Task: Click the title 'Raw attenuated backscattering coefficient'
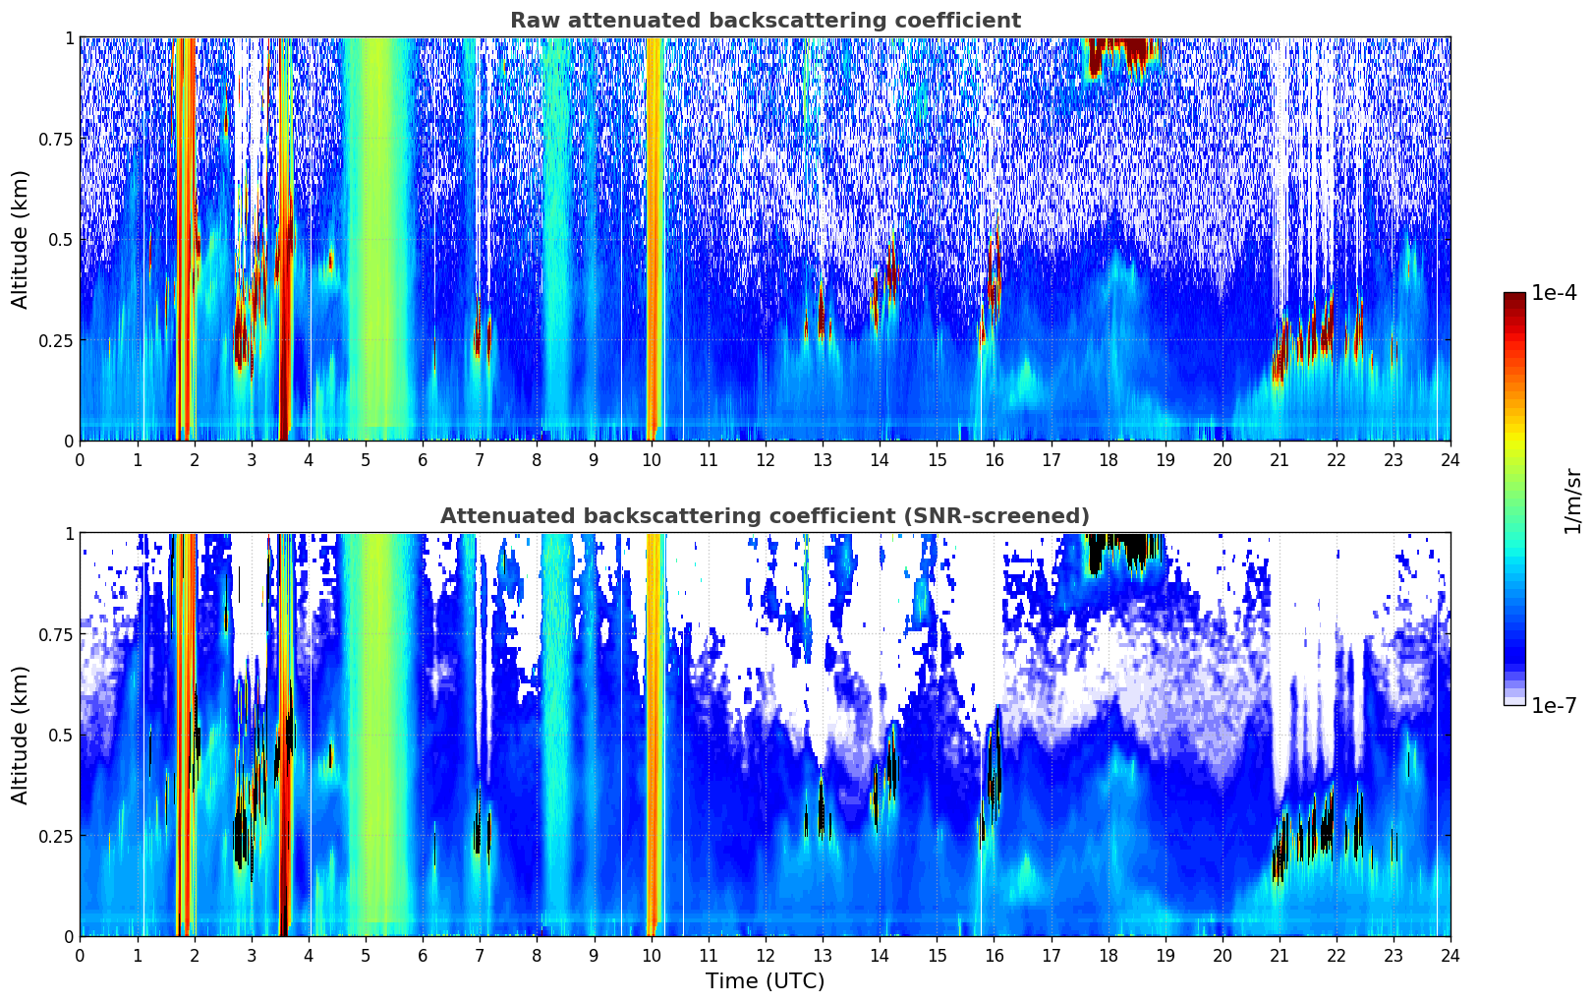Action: click(x=765, y=21)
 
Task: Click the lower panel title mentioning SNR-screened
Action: click(x=765, y=516)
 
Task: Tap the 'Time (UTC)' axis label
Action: click(x=765, y=981)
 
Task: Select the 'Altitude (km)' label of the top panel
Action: click(x=21, y=239)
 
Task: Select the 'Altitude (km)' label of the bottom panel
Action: click(x=21, y=735)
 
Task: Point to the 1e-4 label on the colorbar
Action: click(x=1555, y=294)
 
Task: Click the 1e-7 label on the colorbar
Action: click(x=1555, y=706)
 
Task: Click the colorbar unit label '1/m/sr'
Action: click(x=1572, y=500)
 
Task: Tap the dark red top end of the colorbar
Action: click(x=1514, y=298)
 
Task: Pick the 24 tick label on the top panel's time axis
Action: click(x=1451, y=460)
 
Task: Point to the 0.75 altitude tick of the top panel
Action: click(x=56, y=139)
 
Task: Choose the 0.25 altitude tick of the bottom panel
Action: click(x=56, y=836)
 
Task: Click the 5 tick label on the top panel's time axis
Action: click(x=366, y=460)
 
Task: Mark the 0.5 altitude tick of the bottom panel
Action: click(x=61, y=735)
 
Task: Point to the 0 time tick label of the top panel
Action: click(x=80, y=460)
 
